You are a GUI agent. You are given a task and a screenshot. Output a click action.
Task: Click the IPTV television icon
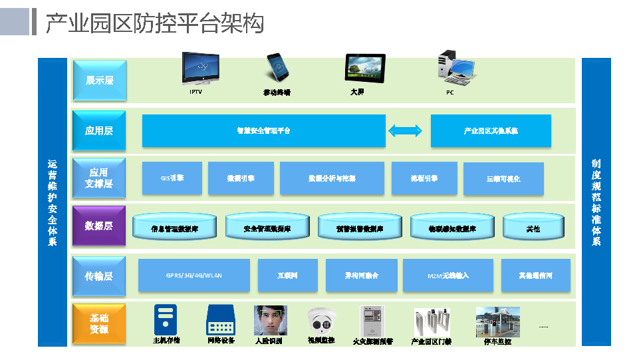201,69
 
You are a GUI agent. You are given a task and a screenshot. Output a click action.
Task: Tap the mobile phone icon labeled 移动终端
277,68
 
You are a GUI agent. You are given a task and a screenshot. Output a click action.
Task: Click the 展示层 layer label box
99,80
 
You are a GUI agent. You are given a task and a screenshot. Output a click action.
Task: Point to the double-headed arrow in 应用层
405,130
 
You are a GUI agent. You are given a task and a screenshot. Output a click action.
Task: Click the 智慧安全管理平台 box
263,130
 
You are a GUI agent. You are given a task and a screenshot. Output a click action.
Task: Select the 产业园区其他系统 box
491,130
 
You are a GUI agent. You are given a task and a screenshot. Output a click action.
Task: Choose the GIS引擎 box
172,178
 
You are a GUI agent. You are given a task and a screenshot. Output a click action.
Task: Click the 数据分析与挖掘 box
332,178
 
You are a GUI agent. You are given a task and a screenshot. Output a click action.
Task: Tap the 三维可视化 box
503,178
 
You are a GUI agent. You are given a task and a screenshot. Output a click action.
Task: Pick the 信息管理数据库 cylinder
174,227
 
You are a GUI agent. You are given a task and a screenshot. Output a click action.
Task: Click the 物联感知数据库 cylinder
451,227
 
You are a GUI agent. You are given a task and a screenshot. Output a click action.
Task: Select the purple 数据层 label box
99,226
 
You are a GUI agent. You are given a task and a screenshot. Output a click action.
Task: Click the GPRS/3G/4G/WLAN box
193,275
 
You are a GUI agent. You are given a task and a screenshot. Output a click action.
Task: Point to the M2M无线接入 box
448,275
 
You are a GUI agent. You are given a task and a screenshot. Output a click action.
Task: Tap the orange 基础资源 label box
99,323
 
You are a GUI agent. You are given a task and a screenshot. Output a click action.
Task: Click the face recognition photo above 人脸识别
270,320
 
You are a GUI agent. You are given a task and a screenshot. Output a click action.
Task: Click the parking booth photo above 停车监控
497,321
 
